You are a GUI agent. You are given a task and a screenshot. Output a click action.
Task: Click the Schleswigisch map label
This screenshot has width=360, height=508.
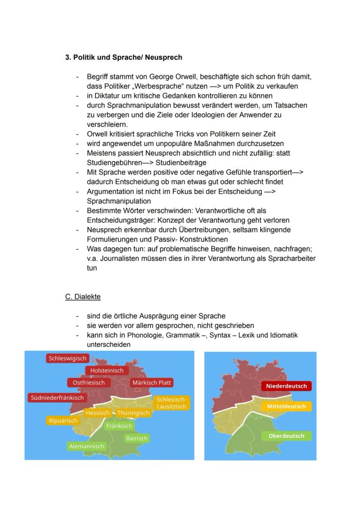(67, 359)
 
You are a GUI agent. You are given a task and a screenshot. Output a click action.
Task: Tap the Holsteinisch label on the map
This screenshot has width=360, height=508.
(107, 371)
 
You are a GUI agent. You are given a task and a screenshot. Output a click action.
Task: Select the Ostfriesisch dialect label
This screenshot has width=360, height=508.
(89, 382)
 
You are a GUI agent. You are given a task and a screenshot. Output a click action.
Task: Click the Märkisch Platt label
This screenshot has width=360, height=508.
(152, 383)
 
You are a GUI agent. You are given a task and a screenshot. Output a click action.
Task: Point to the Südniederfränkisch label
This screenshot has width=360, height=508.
(56, 398)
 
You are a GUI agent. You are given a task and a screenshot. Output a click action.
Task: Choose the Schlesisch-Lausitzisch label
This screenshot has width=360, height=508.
(171, 403)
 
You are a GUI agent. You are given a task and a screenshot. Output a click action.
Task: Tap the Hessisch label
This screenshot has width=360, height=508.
(97, 413)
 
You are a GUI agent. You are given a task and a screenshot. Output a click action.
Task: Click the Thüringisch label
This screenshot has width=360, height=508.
(133, 413)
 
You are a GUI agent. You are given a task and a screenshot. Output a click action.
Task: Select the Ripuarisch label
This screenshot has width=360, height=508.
(63, 421)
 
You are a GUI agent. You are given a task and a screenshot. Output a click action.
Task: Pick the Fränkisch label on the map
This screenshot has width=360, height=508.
(119, 426)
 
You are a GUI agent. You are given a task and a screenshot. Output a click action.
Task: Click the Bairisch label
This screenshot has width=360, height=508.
(137, 438)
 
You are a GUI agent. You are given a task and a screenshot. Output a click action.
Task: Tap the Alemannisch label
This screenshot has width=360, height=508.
(87, 446)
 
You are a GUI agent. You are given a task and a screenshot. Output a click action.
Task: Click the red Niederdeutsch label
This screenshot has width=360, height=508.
(287, 386)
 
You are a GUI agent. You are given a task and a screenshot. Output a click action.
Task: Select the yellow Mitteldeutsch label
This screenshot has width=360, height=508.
(287, 407)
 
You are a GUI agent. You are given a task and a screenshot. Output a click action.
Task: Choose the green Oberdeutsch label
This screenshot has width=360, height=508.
(287, 436)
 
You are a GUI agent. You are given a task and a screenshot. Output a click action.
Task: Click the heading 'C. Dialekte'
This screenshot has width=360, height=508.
(83, 297)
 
